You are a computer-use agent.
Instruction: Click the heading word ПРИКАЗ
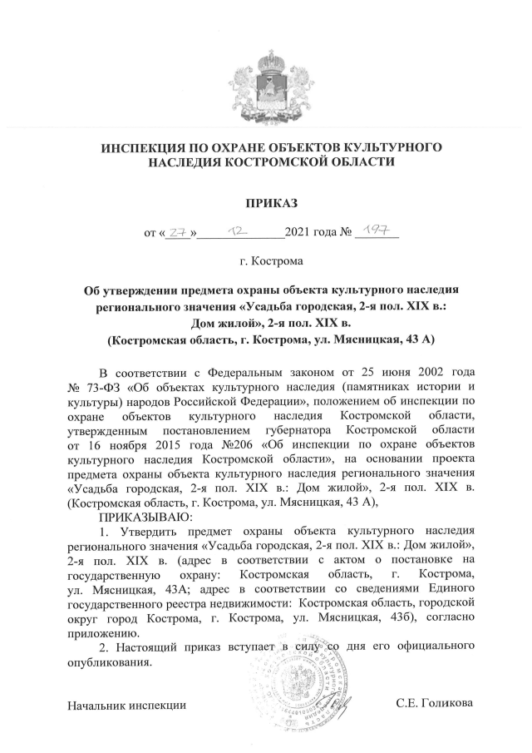(270, 203)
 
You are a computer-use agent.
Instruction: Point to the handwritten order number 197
(375, 235)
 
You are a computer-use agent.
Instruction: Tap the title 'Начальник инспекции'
(126, 706)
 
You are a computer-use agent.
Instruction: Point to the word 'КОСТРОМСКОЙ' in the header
(281, 163)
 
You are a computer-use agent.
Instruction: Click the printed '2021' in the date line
(298, 235)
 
